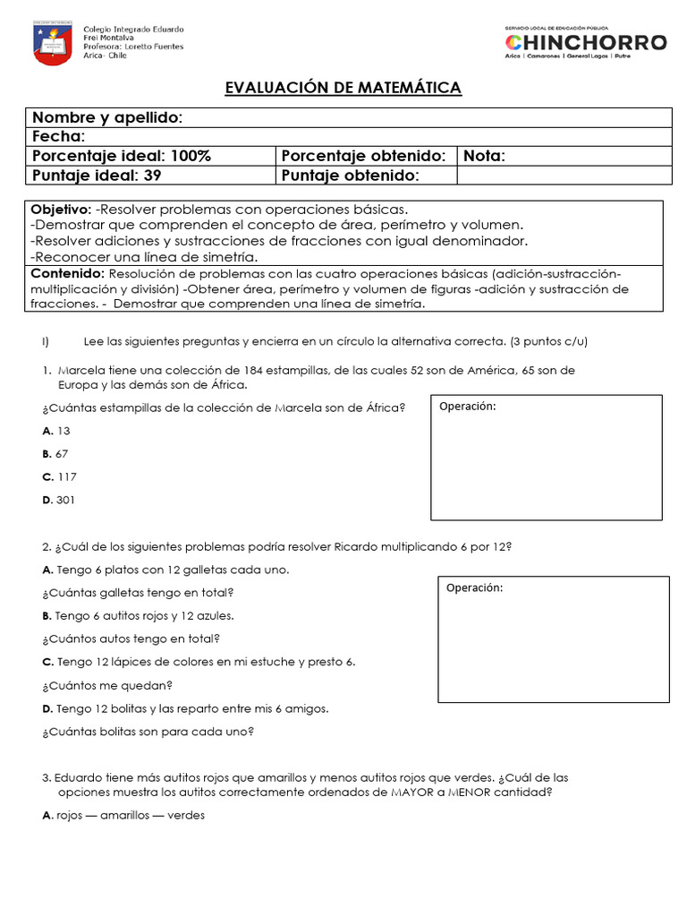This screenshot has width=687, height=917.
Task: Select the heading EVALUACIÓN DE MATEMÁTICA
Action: point(343,88)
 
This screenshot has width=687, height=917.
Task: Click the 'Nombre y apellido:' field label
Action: point(107,118)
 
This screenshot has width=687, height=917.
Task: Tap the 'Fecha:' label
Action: point(59,137)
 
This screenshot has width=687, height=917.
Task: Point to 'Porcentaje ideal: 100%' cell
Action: point(122,156)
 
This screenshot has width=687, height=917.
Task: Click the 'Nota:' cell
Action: point(484,156)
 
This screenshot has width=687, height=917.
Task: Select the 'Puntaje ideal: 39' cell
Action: point(97,176)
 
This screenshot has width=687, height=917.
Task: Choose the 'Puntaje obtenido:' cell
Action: point(350,176)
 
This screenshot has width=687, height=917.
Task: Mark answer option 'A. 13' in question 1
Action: point(55,431)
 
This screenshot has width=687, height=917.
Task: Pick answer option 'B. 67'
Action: point(55,454)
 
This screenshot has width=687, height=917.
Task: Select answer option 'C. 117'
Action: point(58,477)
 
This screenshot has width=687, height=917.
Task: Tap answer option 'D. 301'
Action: point(58,501)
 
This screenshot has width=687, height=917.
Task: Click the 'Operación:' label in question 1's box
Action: point(467,407)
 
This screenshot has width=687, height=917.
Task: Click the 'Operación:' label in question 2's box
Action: point(474,588)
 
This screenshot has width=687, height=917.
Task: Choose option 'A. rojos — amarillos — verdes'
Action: point(123,816)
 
